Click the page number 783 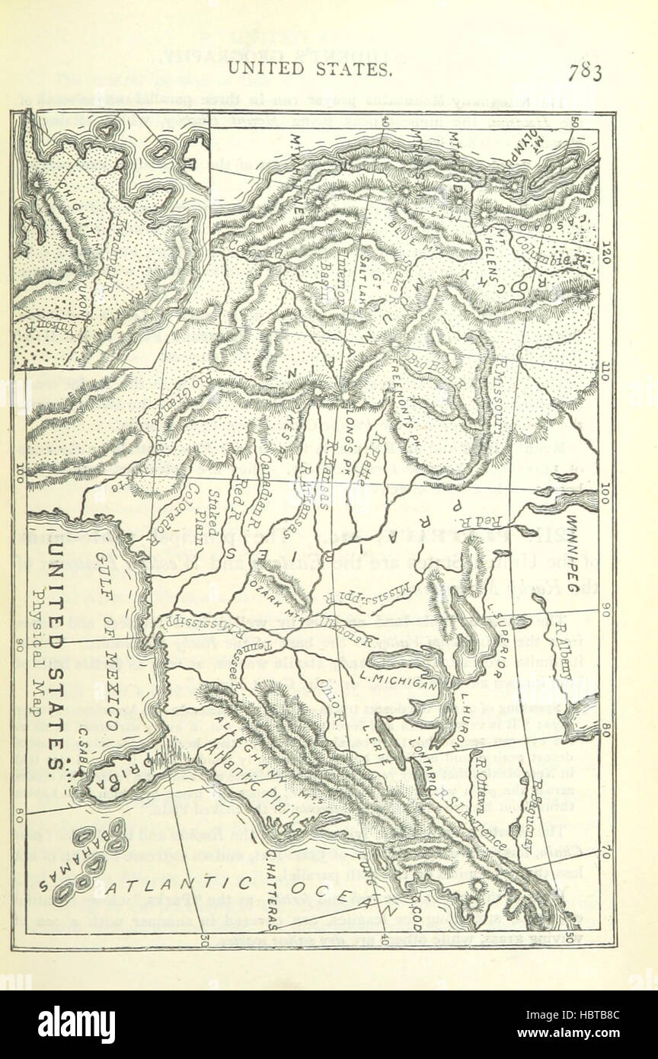point(584,73)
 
